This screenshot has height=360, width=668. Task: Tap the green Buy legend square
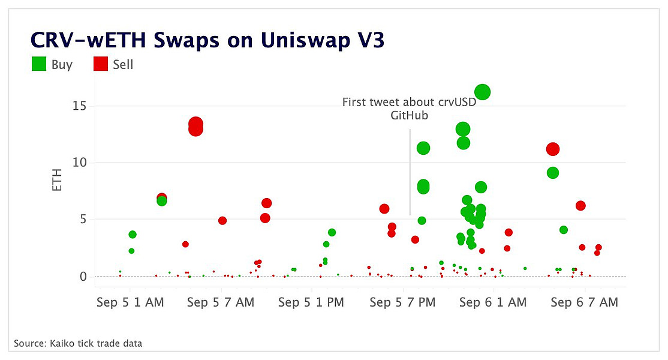(x=39, y=64)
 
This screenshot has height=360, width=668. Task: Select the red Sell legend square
(x=101, y=64)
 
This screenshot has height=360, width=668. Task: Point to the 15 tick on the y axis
(x=79, y=106)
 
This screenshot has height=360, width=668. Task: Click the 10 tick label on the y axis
(x=79, y=163)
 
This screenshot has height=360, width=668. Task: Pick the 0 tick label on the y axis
(x=83, y=277)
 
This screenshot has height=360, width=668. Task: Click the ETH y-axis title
(x=58, y=180)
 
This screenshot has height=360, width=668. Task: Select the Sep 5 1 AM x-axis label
(x=130, y=302)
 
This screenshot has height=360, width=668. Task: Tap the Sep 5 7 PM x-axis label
(x=402, y=302)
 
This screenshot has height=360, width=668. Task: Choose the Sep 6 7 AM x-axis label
(x=584, y=302)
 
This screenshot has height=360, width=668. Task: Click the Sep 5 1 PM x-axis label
(x=311, y=302)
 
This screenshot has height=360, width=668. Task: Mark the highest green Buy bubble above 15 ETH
(x=483, y=92)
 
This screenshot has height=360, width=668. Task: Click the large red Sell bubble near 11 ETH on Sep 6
(x=553, y=149)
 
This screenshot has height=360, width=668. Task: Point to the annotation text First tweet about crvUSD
(x=409, y=102)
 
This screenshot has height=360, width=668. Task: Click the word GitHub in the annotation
(x=410, y=116)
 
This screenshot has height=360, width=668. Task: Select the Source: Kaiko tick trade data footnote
(x=78, y=343)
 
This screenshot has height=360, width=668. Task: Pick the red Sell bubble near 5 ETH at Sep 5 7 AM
(x=222, y=220)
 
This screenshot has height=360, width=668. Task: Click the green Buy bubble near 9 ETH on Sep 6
(x=553, y=173)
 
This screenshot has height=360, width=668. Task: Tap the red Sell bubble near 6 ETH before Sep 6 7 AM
(x=580, y=206)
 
